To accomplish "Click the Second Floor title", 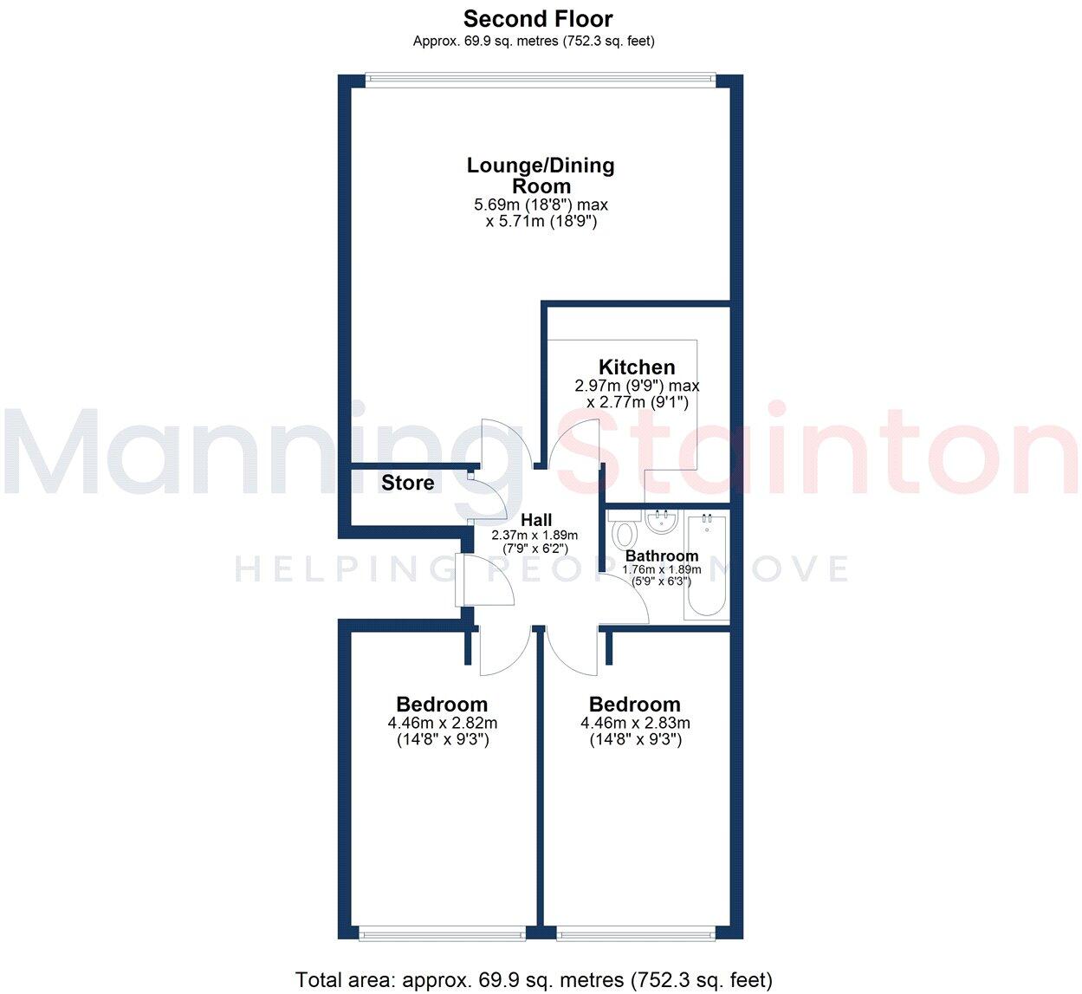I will click(537, 19).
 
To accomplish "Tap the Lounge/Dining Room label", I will click(541, 175).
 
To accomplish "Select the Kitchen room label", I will click(637, 367).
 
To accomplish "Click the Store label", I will click(408, 483).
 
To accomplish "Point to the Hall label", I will click(536, 520).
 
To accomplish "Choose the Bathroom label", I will click(662, 555).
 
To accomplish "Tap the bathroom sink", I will click(662, 522).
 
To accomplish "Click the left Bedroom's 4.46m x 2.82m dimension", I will click(443, 723).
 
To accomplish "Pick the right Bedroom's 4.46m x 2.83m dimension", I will click(635, 723).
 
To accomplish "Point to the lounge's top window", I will click(541, 80).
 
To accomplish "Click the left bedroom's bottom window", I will click(443, 933).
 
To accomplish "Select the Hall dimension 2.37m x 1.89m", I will click(535, 536).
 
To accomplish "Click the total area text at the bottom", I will click(534, 979).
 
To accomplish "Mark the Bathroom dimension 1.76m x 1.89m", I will click(662, 569).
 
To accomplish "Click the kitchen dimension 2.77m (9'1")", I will click(637, 402).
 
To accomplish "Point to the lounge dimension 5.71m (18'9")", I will click(541, 222).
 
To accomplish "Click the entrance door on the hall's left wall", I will click(460, 580).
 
